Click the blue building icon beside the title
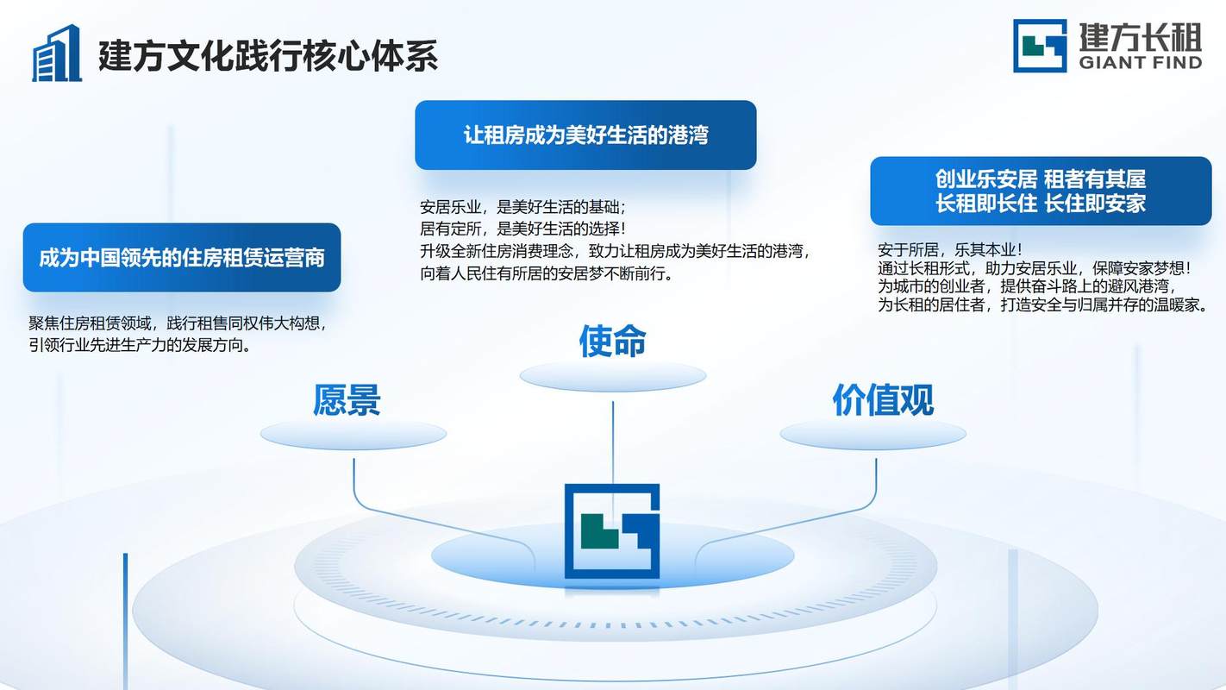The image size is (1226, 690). point(57,53)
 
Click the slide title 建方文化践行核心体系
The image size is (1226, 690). point(268,56)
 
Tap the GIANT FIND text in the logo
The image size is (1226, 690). point(1141,62)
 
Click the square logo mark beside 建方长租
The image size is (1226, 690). point(1040,46)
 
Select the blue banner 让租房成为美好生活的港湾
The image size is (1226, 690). point(585,135)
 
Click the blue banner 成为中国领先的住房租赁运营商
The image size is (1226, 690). point(182,257)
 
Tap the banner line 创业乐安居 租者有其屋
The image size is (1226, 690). point(1041,179)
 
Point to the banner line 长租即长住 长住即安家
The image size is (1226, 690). point(1041,204)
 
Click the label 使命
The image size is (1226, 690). point(612,342)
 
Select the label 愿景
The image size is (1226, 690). point(347,399)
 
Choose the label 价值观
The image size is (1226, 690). point(883,399)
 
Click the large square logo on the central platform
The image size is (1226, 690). point(612,531)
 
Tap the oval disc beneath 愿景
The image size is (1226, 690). point(353,435)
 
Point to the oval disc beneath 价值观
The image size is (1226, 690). point(873,435)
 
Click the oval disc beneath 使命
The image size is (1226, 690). point(613,376)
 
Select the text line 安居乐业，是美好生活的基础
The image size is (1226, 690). point(522,207)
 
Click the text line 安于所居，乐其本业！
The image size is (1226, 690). point(949,250)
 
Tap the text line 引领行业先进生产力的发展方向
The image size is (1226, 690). point(140,346)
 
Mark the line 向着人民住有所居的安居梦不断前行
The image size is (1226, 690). point(547,273)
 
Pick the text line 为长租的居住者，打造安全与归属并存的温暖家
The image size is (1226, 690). point(1042,304)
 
